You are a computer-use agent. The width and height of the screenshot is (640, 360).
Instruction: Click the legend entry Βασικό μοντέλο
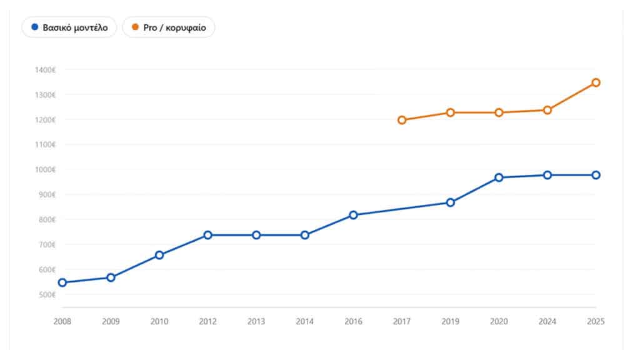[x=69, y=27]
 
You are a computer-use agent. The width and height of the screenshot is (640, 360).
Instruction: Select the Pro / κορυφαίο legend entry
[x=169, y=27]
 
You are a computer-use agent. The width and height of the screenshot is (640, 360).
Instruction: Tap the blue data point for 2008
[x=62, y=282]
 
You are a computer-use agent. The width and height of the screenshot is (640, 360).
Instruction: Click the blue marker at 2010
[x=159, y=255]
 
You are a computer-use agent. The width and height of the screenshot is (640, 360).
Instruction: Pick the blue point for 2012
[x=207, y=235]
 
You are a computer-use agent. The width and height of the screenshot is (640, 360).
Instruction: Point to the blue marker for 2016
[x=354, y=215]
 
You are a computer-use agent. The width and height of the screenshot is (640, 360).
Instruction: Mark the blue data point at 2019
[x=450, y=202]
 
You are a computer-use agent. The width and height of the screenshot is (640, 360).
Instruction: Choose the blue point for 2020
[x=499, y=177]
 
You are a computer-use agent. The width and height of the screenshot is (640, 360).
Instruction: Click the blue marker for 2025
[x=596, y=175]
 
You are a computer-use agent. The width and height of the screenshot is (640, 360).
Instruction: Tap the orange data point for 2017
[x=402, y=120]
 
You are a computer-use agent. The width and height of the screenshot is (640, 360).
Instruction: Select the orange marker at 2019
[x=450, y=112]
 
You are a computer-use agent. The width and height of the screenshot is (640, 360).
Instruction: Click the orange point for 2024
[x=547, y=110]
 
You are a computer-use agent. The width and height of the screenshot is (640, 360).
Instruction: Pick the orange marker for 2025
[x=596, y=82]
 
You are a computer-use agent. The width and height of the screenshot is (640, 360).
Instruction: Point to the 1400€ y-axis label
[x=45, y=70]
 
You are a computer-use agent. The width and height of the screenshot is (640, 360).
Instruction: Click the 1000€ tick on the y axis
[x=45, y=169]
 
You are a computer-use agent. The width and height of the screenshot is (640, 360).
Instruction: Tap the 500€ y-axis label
[x=47, y=295]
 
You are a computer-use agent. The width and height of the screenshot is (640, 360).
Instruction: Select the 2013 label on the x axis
[x=256, y=322]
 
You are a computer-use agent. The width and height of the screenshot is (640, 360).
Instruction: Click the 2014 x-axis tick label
[x=305, y=322]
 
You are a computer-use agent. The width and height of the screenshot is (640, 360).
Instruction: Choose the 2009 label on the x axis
[x=111, y=322]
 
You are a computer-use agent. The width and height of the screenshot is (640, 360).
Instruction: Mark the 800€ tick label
[x=47, y=219]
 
